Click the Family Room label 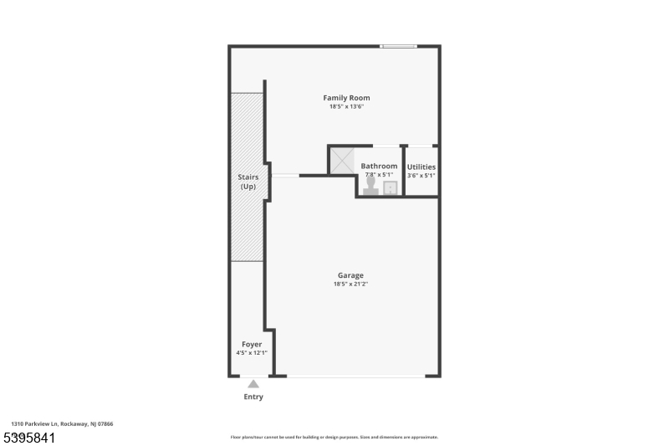346,98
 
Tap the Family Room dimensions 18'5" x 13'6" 346,107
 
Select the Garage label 350,275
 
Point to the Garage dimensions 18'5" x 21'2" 350,285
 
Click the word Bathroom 379,167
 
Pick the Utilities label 421,167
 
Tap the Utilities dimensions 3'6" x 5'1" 421,175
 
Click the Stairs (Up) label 248,182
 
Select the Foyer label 252,345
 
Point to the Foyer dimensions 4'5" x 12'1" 252,353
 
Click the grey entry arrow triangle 253,384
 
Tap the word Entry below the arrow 253,397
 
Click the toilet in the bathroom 371,186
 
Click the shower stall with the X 342,161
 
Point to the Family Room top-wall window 399,46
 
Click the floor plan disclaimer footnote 334,437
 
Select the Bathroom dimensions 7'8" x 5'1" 379,175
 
